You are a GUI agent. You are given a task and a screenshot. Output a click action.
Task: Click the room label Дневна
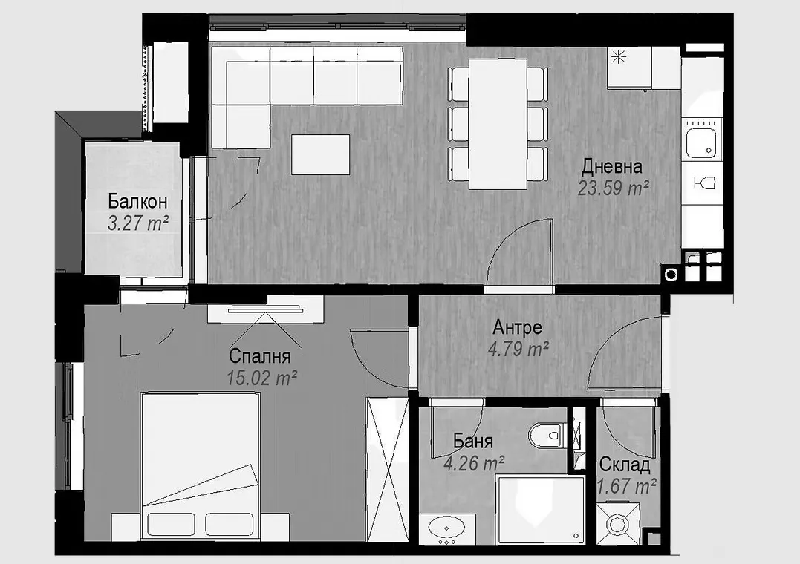pyautogui.click(x=611, y=166)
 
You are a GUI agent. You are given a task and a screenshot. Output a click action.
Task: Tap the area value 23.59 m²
pyautogui.click(x=614, y=188)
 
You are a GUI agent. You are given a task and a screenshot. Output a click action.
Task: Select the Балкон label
pyautogui.click(x=137, y=201)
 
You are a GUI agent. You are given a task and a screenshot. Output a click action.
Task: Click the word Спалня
pyautogui.click(x=259, y=355)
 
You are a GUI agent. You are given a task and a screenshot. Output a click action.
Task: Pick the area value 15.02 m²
pyautogui.click(x=262, y=378)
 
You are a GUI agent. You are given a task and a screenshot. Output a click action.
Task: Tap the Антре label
pyautogui.click(x=517, y=327)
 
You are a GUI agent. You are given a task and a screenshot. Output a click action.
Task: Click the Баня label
pyautogui.click(x=472, y=442)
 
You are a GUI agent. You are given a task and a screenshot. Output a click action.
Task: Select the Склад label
pyautogui.click(x=625, y=465)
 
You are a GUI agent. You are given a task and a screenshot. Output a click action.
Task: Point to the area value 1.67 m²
pyautogui.click(x=626, y=487)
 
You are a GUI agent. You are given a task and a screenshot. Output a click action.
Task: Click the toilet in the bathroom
pyautogui.click(x=548, y=435)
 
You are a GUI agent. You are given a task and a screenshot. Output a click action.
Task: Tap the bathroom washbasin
pyautogui.click(x=449, y=528)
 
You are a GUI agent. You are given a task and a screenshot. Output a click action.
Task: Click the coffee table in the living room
pyautogui.click(x=321, y=154)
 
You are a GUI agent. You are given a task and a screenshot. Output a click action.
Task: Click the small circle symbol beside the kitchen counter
pyautogui.click(x=671, y=275)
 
